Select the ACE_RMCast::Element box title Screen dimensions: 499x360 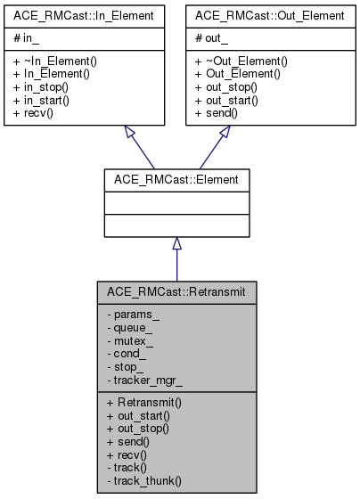click(176, 179)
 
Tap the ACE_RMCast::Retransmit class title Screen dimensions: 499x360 click(176, 291)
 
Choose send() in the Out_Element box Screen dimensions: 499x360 click(218, 113)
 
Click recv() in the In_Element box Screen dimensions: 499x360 click(38, 113)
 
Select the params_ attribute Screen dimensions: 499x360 click(134, 314)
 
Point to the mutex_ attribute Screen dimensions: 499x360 click(131, 340)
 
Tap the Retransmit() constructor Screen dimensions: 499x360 click(144, 403)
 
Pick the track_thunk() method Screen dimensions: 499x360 click(143, 481)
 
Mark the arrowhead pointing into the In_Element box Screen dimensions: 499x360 click(131, 132)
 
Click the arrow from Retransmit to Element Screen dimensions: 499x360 click(176, 258)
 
